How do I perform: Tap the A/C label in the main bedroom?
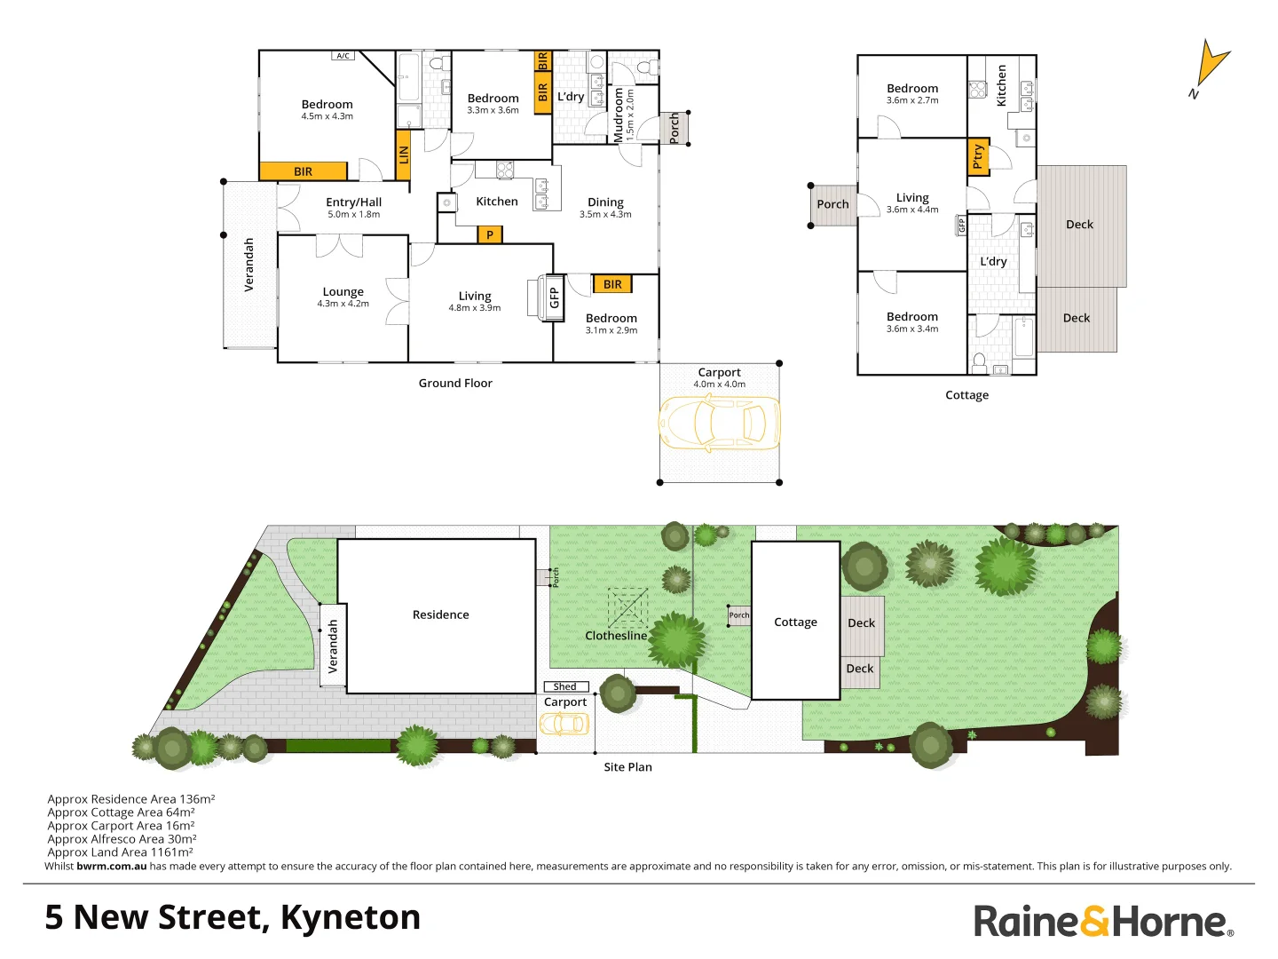pyautogui.click(x=343, y=56)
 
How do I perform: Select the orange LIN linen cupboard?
pyautogui.click(x=403, y=155)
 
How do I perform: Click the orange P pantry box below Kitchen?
pyautogui.click(x=490, y=234)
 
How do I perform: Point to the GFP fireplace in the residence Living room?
pyautogui.click(x=554, y=297)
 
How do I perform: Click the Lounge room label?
pyautogui.click(x=343, y=292)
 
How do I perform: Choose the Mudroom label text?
pyautogui.click(x=619, y=115)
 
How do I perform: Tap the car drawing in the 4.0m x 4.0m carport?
pyautogui.click(x=719, y=424)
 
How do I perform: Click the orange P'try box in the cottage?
pyautogui.click(x=978, y=157)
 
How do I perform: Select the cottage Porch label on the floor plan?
pyautogui.click(x=832, y=204)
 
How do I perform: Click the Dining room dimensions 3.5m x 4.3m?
pyautogui.click(x=605, y=215)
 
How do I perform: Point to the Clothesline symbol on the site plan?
pyautogui.click(x=627, y=608)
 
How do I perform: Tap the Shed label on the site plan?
pyautogui.click(x=565, y=686)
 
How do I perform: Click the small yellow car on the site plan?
pyautogui.click(x=564, y=724)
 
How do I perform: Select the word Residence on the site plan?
pyautogui.click(x=440, y=614)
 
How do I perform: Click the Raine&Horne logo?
pyautogui.click(x=1103, y=921)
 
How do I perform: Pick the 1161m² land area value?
pyautogui.click(x=171, y=852)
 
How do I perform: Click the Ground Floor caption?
pyautogui.click(x=455, y=384)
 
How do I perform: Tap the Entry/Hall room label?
pyautogui.click(x=353, y=202)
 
